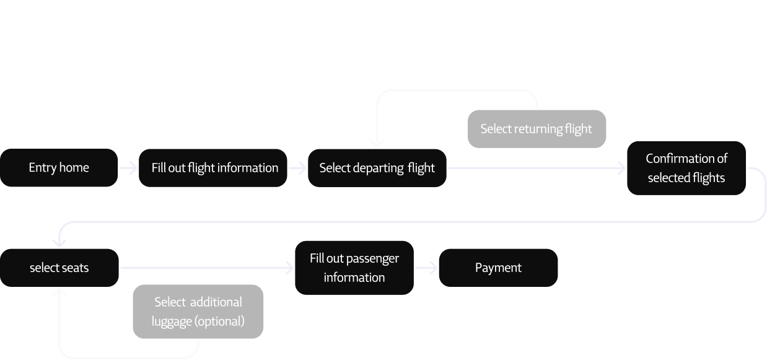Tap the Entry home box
(x=59, y=168)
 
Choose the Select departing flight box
(x=377, y=168)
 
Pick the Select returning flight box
(x=536, y=129)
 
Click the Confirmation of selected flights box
(x=686, y=168)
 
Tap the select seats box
(x=59, y=268)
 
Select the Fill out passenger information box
(x=354, y=268)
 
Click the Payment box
(x=498, y=268)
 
